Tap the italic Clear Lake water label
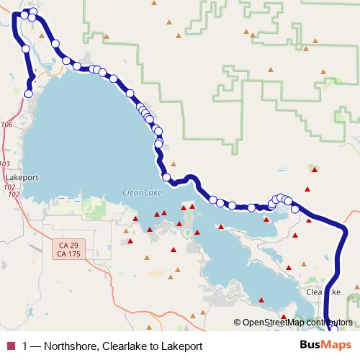click(x=141, y=192)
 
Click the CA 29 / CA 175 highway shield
click(x=70, y=249)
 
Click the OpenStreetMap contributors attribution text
click(x=297, y=322)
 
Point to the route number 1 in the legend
click(x=27, y=346)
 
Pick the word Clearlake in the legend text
click(x=123, y=346)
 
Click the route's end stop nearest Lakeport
click(x=29, y=93)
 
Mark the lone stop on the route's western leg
click(x=26, y=48)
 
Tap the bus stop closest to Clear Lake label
click(x=166, y=177)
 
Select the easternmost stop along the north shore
click(x=294, y=209)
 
